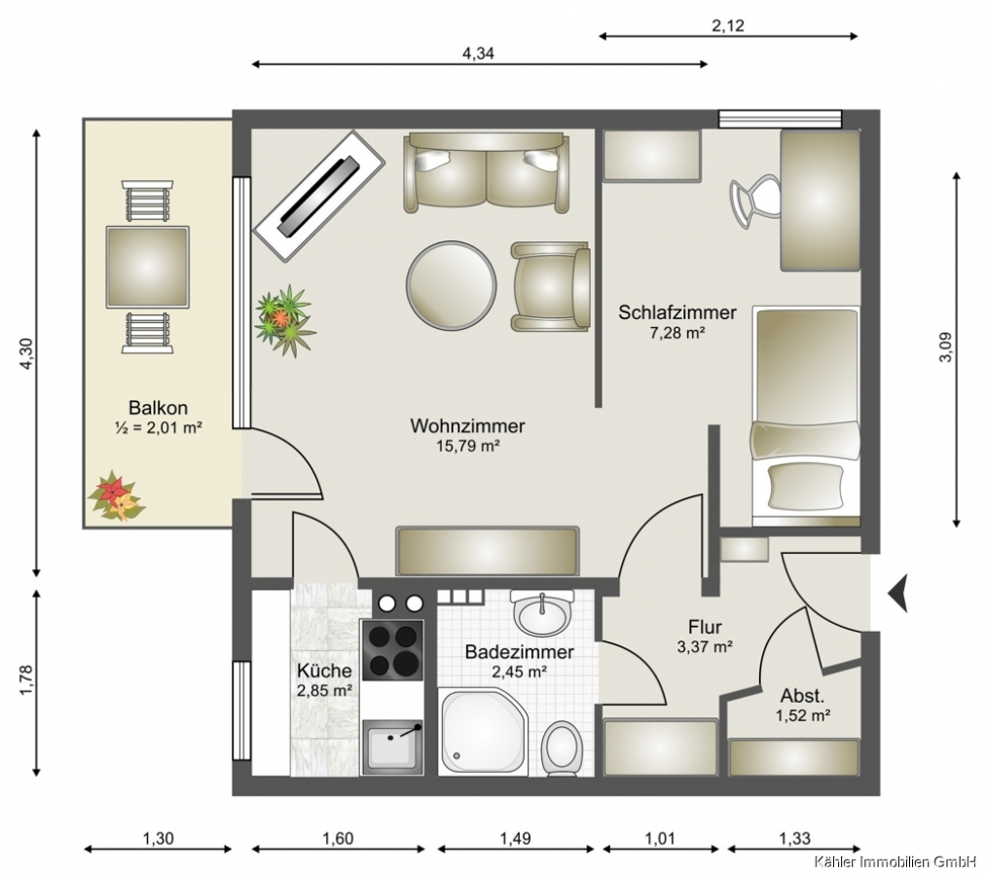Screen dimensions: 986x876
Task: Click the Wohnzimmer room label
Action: [467, 425]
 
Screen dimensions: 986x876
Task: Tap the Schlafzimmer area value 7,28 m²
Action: [677, 333]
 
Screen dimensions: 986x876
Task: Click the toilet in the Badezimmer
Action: [563, 748]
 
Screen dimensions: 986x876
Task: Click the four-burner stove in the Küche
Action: [392, 649]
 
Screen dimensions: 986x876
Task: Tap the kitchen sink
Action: [392, 748]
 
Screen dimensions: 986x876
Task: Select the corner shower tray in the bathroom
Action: [483, 731]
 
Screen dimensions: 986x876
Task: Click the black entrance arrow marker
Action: [898, 593]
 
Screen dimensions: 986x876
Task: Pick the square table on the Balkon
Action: [148, 268]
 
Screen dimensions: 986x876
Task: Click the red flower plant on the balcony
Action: [117, 496]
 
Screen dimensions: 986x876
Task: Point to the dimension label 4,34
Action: [479, 54]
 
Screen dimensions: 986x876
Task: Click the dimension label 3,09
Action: [946, 347]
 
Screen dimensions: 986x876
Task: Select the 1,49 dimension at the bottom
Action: [516, 838]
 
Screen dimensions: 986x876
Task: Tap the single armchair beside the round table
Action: [551, 287]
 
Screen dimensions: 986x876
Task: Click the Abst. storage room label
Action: [802, 696]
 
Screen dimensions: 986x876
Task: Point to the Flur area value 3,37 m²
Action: [705, 646]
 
